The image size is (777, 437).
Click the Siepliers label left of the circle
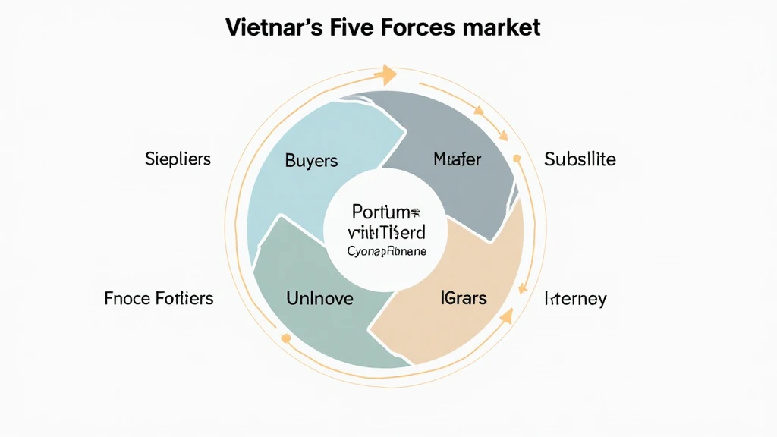click(x=178, y=159)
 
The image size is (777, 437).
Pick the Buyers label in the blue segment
click(x=311, y=161)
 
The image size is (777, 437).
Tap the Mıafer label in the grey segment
click(x=457, y=160)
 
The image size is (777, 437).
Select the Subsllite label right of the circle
click(x=580, y=160)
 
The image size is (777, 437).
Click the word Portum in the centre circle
click(x=386, y=212)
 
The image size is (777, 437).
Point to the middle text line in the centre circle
click(x=386, y=232)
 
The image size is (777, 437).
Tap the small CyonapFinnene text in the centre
click(x=386, y=251)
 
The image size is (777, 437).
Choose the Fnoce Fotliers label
click(x=159, y=298)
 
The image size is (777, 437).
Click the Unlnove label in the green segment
click(x=319, y=298)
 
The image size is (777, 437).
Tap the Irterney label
click(x=574, y=298)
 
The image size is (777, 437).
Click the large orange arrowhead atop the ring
click(x=389, y=74)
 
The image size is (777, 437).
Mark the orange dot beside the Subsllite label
click(x=517, y=159)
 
